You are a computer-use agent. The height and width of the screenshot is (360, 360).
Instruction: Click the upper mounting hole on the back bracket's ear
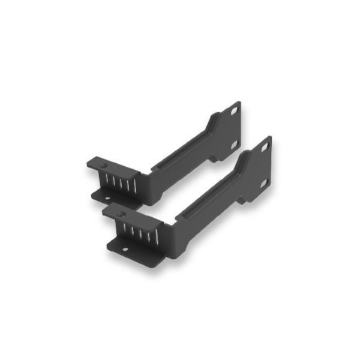(233, 110)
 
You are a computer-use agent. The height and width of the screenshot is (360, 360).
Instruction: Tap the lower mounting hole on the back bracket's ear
(234, 144)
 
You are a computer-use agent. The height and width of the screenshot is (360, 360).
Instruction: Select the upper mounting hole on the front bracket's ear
(263, 146)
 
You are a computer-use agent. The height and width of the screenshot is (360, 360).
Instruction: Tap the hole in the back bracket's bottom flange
(109, 197)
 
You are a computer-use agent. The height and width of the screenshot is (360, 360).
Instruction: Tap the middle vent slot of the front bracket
(139, 231)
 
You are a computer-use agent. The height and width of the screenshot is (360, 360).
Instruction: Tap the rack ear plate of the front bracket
(259, 165)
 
